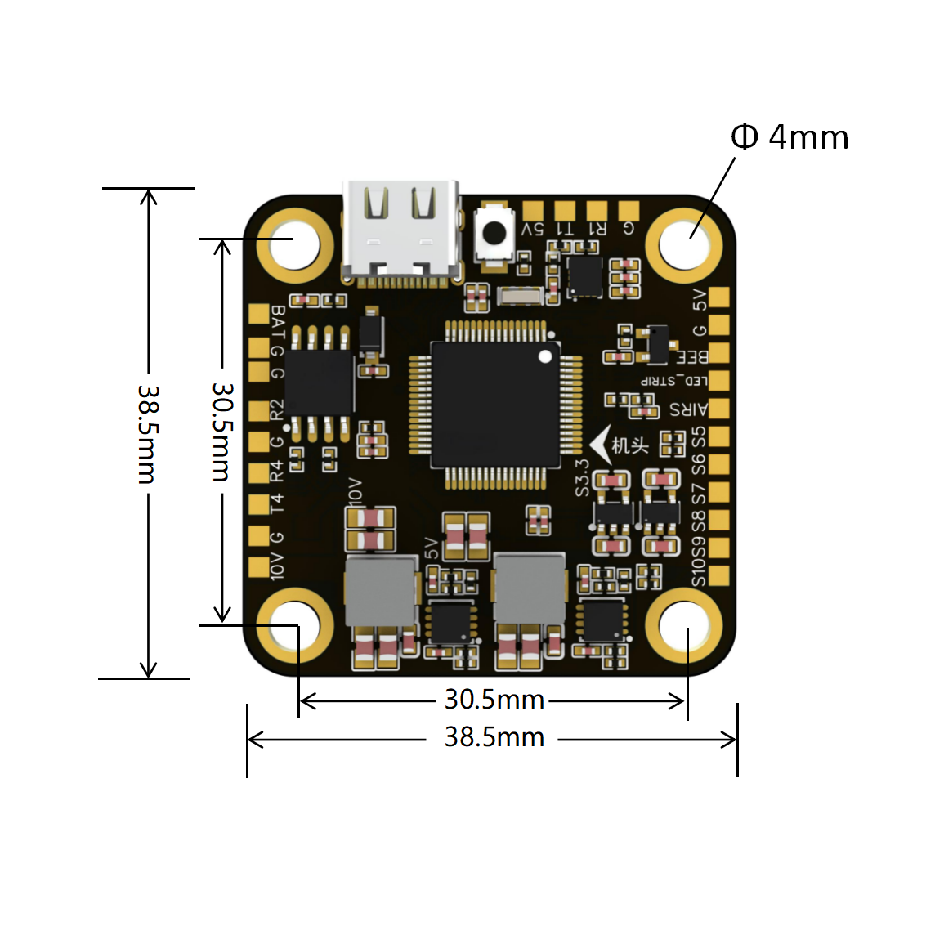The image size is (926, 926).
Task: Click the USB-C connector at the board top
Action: (400, 233)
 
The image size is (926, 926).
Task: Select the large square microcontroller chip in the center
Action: (495, 405)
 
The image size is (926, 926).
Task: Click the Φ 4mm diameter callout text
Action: (790, 137)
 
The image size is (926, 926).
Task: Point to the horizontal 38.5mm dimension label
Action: (494, 737)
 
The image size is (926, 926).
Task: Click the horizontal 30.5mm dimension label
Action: (494, 700)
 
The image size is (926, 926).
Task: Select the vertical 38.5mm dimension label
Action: (147, 433)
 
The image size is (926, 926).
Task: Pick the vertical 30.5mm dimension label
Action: (221, 431)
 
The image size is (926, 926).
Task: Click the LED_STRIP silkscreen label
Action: (674, 381)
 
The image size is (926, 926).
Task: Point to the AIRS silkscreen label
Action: (688, 409)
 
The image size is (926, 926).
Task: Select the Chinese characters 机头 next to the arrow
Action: (630, 445)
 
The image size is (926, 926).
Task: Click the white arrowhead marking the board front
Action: (601, 445)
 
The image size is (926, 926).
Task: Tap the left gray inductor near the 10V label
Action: (381, 592)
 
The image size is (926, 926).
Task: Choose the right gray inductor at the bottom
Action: (530, 588)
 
